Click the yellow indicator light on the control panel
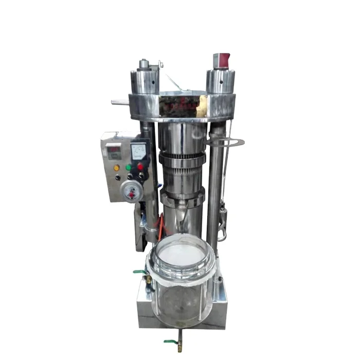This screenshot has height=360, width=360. pyautogui.click(x=117, y=167)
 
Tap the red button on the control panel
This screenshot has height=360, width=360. pyautogui.click(x=139, y=166)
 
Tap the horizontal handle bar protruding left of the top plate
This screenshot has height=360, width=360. pyautogui.click(x=120, y=102)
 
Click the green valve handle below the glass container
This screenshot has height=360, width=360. pyautogui.click(x=170, y=341)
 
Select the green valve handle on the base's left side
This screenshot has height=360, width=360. pyautogui.click(x=139, y=272)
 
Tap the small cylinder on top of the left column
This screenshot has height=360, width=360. pyautogui.click(x=143, y=64)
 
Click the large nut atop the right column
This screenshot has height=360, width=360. pyautogui.click(x=220, y=80)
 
